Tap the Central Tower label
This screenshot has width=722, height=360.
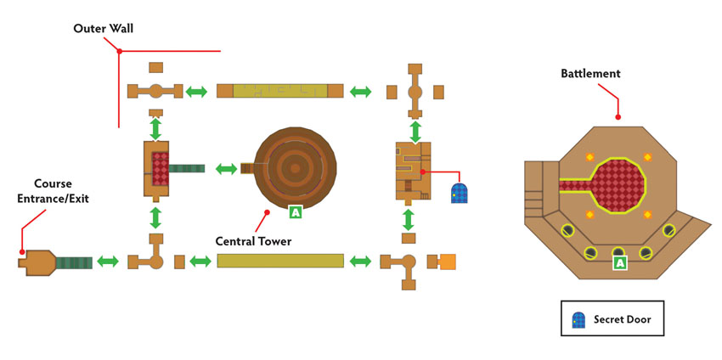(x=254, y=241)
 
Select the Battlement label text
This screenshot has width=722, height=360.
(x=591, y=74)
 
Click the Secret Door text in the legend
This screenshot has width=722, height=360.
(x=622, y=319)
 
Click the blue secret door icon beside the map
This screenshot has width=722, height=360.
(x=459, y=193)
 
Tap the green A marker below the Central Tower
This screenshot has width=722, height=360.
(x=295, y=212)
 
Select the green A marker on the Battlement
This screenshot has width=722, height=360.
(x=620, y=263)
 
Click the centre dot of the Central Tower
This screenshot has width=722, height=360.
(x=295, y=168)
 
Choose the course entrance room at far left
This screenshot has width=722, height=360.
(x=37, y=263)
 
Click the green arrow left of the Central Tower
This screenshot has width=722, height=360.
(x=227, y=168)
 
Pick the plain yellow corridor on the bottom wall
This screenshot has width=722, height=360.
(x=280, y=261)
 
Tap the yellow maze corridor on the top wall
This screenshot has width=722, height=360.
(x=280, y=91)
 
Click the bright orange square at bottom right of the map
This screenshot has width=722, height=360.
(x=448, y=262)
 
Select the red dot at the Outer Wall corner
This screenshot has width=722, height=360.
(x=119, y=51)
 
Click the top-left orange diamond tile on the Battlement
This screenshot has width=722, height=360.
(x=589, y=157)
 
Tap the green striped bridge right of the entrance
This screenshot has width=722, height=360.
(x=74, y=263)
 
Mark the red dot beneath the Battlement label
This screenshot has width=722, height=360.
(x=618, y=117)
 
